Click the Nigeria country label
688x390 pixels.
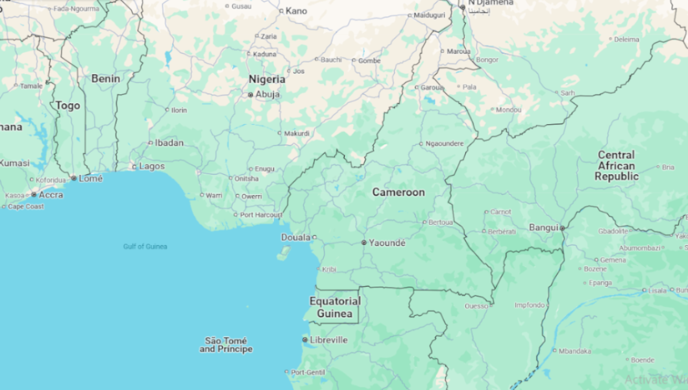pyautogui.click(x=267, y=79)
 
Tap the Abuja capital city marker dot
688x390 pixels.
pyautogui.click(x=251, y=95)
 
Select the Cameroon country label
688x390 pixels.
pyautogui.click(x=398, y=192)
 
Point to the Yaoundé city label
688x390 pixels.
pyautogui.click(x=387, y=243)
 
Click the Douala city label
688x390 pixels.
pyautogui.click(x=295, y=237)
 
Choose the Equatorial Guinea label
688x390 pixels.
pyautogui.click(x=334, y=307)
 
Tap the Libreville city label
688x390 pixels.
pyautogui.click(x=328, y=340)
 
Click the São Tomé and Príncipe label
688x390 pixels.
pyautogui.click(x=226, y=345)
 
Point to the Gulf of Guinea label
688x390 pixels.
pyautogui.click(x=145, y=246)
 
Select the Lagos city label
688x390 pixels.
pyautogui.click(x=152, y=166)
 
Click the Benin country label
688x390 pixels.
pyautogui.click(x=105, y=79)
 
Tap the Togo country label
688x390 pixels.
pyautogui.click(x=68, y=105)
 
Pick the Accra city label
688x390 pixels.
pyautogui.click(x=51, y=194)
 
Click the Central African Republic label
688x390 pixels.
pyautogui.click(x=616, y=166)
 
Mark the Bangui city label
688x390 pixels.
pyautogui.click(x=543, y=227)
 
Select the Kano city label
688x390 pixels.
pyautogui.click(x=296, y=10)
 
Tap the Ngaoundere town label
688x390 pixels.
pyautogui.click(x=445, y=144)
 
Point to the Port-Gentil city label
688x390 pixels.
pyautogui.click(x=307, y=372)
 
